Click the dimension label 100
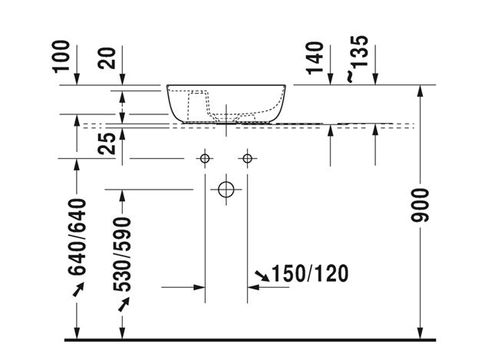point(61,57)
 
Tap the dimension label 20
point(107,58)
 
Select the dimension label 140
point(315,58)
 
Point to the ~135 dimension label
point(358,59)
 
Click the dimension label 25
point(107,144)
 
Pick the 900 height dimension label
point(420,206)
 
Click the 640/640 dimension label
point(77,237)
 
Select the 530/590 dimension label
point(122,255)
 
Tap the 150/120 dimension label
point(309,274)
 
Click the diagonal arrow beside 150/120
point(262,276)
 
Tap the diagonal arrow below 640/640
point(78,289)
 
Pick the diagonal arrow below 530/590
point(124,304)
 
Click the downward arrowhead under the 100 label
point(77,79)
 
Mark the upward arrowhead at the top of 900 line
point(420,91)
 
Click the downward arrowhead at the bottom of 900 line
point(420,333)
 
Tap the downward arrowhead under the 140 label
point(330,79)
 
